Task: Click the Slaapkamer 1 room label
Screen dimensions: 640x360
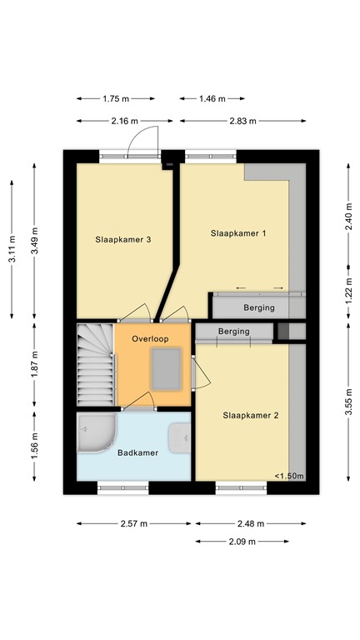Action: tap(238, 233)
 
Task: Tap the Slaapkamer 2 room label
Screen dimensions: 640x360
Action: tap(250, 414)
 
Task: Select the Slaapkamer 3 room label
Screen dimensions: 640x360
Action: tap(122, 240)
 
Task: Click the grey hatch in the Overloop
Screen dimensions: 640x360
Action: tap(167, 368)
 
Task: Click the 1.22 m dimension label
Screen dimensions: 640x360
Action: tap(348, 293)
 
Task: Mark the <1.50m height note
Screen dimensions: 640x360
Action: tap(289, 477)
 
